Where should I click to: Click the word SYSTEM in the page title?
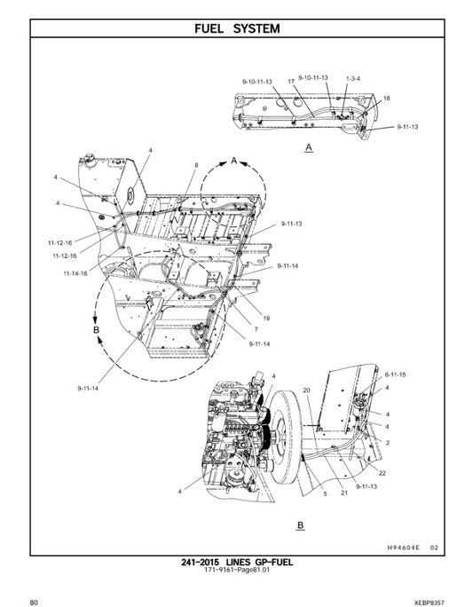[256, 28]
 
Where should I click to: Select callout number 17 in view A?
[290, 81]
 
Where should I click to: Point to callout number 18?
[386, 98]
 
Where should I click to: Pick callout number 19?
[266, 318]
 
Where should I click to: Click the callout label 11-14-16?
[75, 273]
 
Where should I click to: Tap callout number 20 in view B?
[306, 390]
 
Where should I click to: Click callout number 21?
[343, 493]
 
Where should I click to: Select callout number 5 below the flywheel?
[324, 493]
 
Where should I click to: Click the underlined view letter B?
[300, 525]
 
